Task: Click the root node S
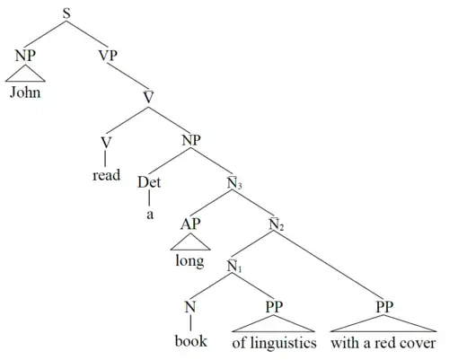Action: click(x=66, y=13)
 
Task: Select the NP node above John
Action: click(x=25, y=56)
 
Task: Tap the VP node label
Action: click(x=108, y=56)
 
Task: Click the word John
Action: click(x=25, y=92)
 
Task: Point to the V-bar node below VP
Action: click(x=148, y=97)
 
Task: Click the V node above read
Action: click(x=106, y=143)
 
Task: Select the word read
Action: click(x=106, y=175)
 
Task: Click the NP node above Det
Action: click(x=191, y=140)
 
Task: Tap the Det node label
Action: click(x=149, y=182)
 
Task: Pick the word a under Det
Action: click(x=150, y=215)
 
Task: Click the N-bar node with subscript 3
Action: click(x=234, y=183)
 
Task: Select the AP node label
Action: click(x=190, y=224)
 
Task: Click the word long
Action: click(x=189, y=261)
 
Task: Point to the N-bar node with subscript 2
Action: click(x=277, y=224)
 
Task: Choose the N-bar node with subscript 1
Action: click(x=234, y=266)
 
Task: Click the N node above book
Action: click(x=190, y=307)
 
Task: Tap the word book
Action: click(x=191, y=341)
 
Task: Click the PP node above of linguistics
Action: click(x=274, y=307)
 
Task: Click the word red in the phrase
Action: click(x=392, y=343)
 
